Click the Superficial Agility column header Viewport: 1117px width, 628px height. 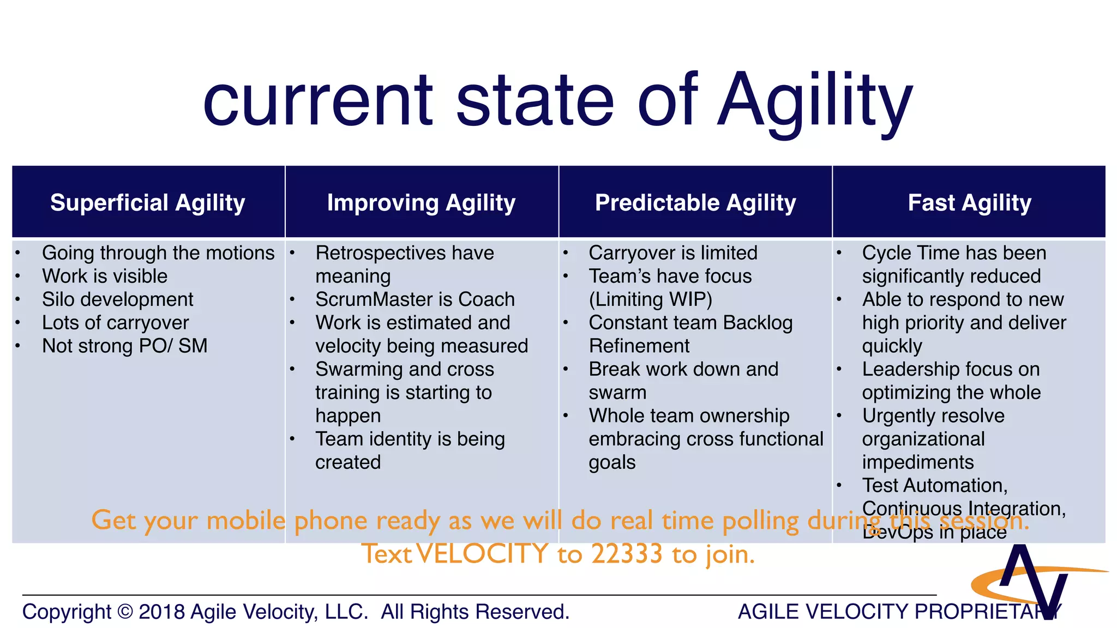pos(148,203)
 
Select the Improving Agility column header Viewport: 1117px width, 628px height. pos(421,203)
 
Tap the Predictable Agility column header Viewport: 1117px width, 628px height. pos(695,203)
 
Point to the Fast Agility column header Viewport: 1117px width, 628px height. pos(969,203)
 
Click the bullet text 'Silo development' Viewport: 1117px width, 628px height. pos(118,299)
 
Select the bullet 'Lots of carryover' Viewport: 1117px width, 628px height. pos(116,323)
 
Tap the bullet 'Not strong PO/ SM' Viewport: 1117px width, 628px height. pos(125,346)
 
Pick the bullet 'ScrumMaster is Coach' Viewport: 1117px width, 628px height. pos(415,299)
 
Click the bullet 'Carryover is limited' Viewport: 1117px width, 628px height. pos(673,253)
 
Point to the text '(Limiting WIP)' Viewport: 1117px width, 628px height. pos(651,299)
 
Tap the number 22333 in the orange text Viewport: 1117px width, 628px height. pos(627,554)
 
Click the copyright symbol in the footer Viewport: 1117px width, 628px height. pos(125,612)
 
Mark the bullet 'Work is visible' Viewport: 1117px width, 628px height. pos(105,276)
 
